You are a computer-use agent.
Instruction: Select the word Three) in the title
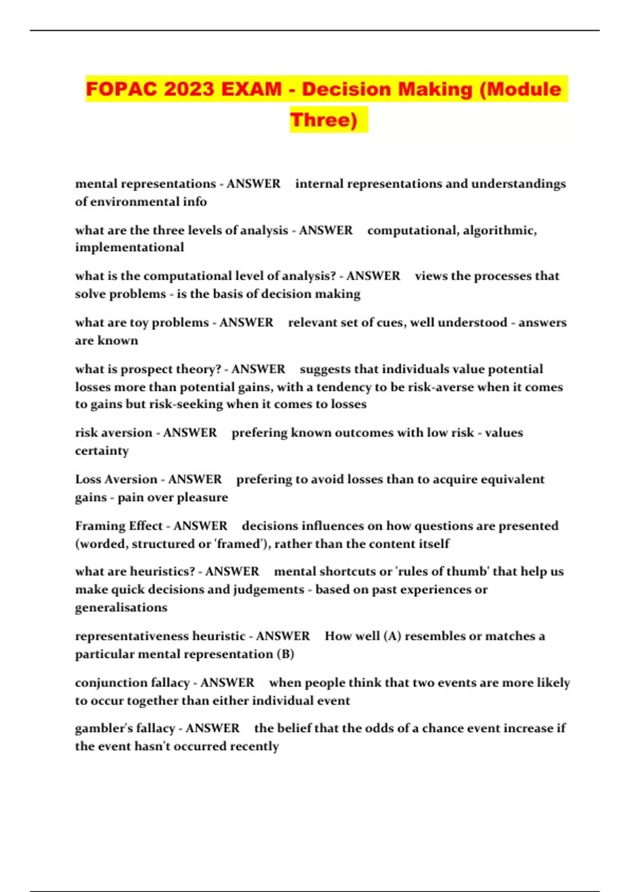[x=324, y=120]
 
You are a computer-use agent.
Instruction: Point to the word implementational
[x=129, y=248]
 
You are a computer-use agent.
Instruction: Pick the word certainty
[x=101, y=451]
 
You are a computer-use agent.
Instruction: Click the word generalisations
[x=121, y=608]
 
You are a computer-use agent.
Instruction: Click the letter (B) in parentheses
[x=285, y=654]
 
